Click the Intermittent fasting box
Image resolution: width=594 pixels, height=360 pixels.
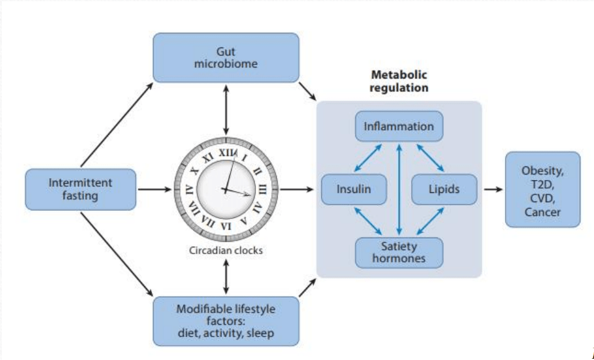[x=80, y=189]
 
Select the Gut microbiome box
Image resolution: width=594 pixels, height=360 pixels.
[x=226, y=58]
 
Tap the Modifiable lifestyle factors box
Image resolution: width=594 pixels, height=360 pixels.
[x=226, y=321]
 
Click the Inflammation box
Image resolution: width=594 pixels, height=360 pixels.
[x=399, y=126]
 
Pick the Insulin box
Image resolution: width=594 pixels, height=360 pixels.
[x=354, y=189]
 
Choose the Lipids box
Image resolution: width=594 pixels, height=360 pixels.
[x=444, y=189]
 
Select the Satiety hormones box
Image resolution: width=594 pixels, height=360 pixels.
[x=399, y=252]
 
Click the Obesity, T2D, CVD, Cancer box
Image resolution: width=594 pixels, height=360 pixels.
[x=542, y=189]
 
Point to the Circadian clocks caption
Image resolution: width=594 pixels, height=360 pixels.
[x=226, y=251]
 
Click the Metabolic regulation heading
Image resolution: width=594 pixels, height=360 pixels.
[x=399, y=81]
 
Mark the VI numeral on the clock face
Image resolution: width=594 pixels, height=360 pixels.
[x=226, y=226]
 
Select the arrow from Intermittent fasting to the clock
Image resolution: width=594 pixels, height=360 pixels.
[x=155, y=189]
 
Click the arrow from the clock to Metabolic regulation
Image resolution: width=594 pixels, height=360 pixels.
[x=297, y=189]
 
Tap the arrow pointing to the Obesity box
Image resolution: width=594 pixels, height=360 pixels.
[x=493, y=189]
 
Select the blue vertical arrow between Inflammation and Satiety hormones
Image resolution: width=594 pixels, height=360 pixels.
[x=399, y=189]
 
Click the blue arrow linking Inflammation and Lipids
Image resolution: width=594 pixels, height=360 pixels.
[x=430, y=158]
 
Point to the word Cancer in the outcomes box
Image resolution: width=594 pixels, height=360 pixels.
[x=542, y=212]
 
